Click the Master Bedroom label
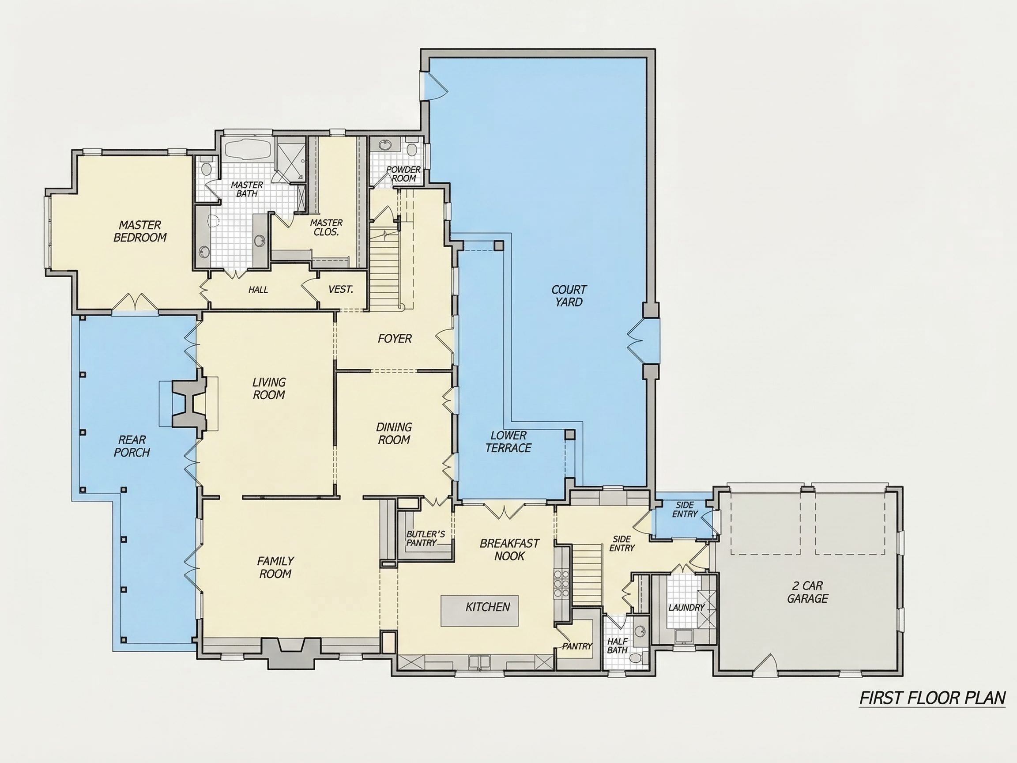[140, 231]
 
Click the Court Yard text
[569, 296]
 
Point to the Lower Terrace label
[508, 442]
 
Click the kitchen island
[479, 611]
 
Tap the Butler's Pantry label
[425, 539]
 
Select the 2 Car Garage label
[807, 592]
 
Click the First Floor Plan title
[932, 698]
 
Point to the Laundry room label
[686, 608]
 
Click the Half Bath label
[617, 646]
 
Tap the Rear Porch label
[132, 446]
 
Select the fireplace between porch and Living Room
[188, 403]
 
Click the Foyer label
[395, 339]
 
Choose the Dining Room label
[394, 433]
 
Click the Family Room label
[275, 567]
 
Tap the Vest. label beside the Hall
[341, 289]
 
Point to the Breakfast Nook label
[509, 550]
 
